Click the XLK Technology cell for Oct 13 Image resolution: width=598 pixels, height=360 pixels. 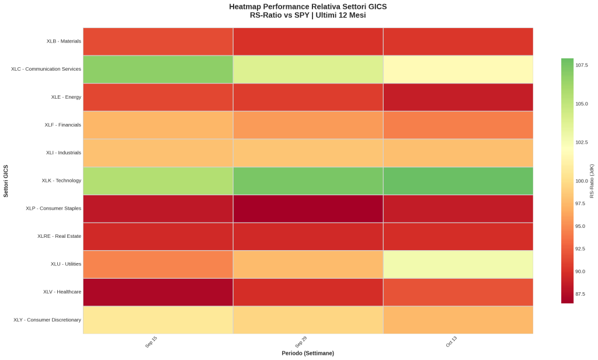458,181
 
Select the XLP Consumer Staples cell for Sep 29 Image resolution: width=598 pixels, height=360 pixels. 308,208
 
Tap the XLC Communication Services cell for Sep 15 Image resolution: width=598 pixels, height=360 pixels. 158,69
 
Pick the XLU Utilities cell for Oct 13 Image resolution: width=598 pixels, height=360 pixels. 458,264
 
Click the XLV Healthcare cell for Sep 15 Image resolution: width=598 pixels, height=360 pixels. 158,292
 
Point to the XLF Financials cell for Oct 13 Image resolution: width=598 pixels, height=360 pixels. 458,124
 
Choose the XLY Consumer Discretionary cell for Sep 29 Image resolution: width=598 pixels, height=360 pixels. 308,320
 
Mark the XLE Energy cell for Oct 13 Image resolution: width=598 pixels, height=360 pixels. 458,97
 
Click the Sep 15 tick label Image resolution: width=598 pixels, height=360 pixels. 151,342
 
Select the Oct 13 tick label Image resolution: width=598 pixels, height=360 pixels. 451,342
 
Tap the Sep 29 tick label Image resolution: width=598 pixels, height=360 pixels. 301,342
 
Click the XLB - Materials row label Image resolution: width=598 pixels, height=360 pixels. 64,41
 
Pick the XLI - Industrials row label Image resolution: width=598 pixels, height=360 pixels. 64,153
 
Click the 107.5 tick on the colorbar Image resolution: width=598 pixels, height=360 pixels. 582,65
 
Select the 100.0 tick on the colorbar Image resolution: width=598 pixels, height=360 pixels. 582,181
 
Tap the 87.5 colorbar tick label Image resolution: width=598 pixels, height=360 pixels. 580,294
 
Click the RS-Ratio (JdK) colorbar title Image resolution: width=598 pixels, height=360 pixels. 592,181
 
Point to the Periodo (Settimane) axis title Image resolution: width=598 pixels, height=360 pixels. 308,354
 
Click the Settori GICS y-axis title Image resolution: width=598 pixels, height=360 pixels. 6,181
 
